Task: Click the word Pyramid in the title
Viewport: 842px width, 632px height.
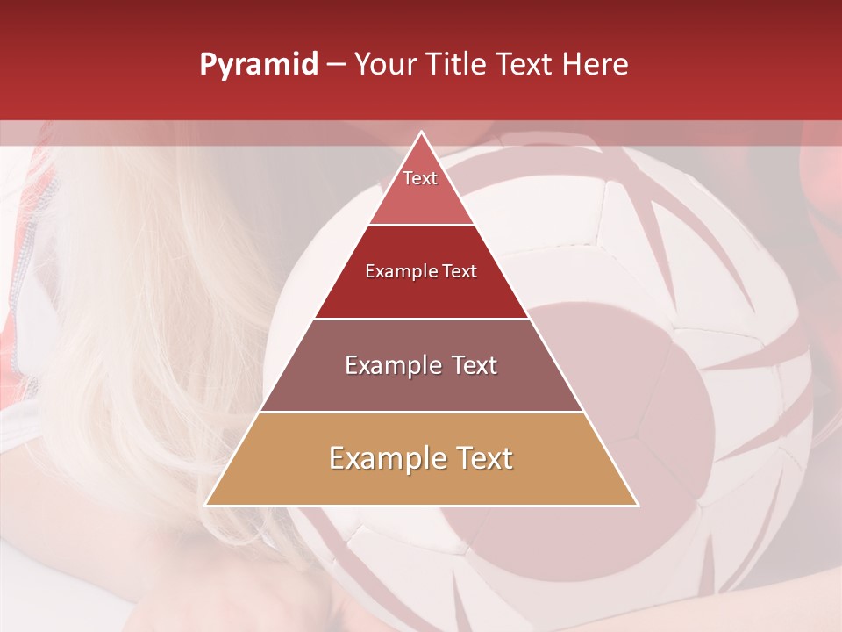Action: click(x=259, y=65)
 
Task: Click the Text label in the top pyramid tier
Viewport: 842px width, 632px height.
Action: click(x=420, y=178)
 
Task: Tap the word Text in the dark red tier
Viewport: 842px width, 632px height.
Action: click(x=460, y=271)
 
